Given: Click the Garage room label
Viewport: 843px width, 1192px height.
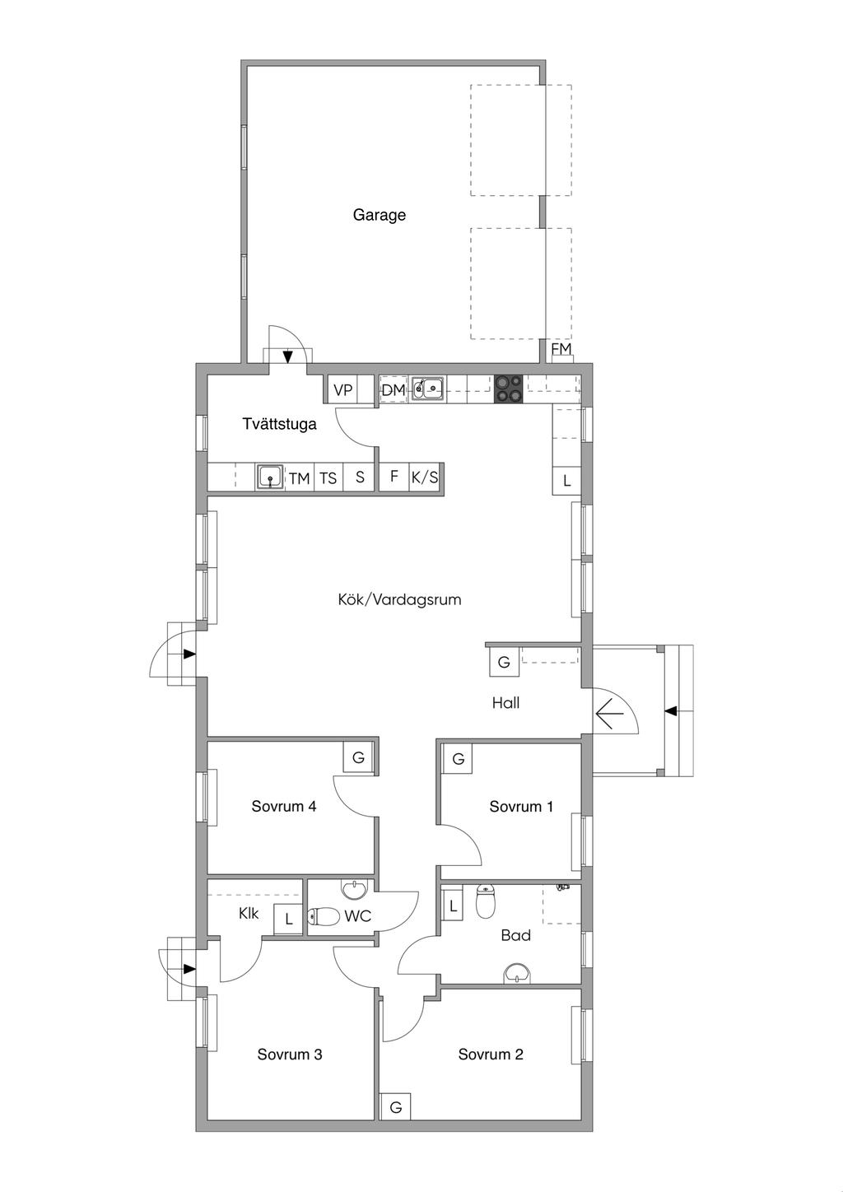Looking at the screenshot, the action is click(379, 216).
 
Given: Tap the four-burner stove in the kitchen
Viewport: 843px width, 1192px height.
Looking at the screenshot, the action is click(508, 389).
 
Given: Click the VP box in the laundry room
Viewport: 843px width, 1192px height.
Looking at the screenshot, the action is click(342, 389).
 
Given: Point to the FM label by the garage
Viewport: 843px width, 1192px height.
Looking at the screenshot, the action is click(561, 349).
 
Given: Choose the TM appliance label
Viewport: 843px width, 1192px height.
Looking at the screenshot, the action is click(300, 479).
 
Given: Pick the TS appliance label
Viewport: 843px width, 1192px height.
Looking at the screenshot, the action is click(328, 478).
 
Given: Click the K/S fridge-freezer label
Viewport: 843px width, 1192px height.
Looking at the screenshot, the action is click(424, 477).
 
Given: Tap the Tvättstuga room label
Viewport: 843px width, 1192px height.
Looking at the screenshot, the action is click(279, 424).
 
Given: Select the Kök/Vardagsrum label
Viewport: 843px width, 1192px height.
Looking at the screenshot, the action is click(399, 600).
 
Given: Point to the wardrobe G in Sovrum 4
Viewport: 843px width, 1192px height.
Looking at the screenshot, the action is click(358, 757).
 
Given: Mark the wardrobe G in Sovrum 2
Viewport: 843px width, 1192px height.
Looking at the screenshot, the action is click(395, 1108).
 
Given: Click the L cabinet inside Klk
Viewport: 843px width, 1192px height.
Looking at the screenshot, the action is click(288, 919).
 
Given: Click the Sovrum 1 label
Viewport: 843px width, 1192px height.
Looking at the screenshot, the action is click(521, 807).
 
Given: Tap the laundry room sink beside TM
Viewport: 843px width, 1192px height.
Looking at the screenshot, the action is click(270, 477).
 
